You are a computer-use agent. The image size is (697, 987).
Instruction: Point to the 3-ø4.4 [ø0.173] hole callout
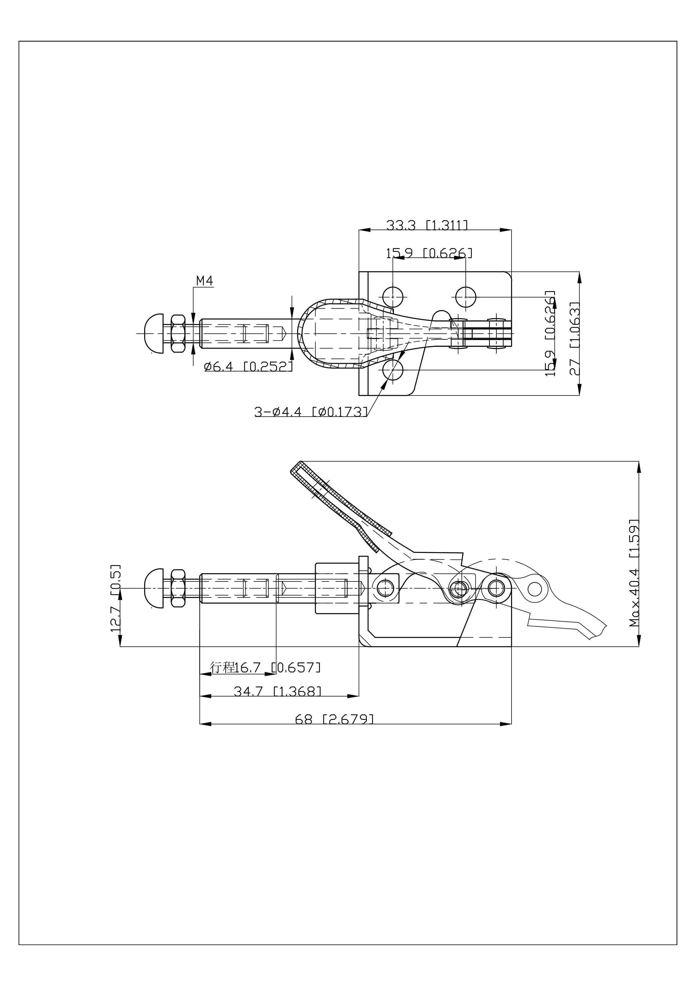point(311,412)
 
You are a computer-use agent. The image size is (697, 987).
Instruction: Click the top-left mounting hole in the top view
point(393,296)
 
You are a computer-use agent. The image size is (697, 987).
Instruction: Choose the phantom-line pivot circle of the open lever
point(534,588)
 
